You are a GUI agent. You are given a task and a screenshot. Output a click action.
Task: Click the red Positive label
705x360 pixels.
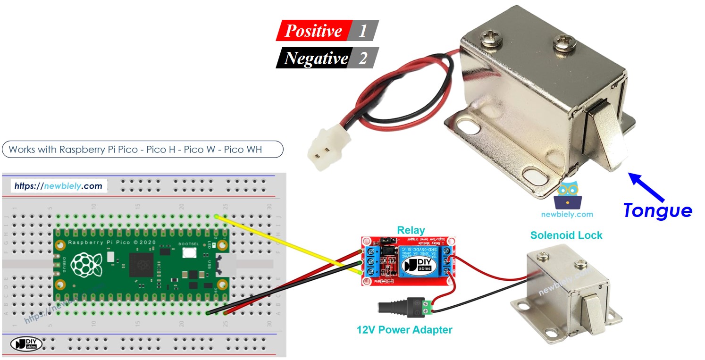(x=313, y=31)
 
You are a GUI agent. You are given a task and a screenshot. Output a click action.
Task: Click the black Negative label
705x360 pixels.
(x=315, y=58)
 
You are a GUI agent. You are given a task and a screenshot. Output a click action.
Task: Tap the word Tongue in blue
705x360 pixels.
(x=657, y=210)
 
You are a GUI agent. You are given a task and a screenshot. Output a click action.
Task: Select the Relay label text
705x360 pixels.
(x=411, y=230)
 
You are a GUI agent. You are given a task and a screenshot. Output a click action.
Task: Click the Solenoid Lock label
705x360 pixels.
(x=566, y=235)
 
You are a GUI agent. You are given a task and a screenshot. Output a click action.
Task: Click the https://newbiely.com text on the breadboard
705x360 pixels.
(x=59, y=186)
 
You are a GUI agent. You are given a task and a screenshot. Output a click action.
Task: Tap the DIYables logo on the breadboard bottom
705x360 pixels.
(x=25, y=343)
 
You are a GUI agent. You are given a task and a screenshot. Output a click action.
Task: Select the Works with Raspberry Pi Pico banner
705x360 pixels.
(x=142, y=150)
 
